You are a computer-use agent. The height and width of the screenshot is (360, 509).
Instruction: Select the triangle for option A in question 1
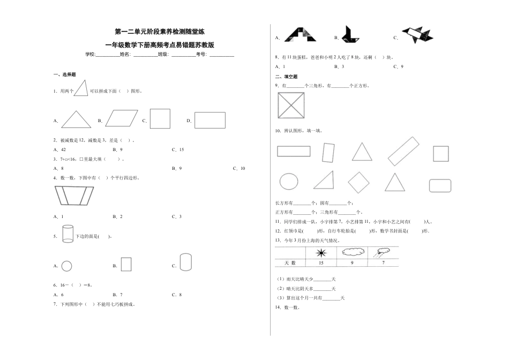[x=76, y=119]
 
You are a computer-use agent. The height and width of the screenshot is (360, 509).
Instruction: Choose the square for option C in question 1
[x=160, y=119]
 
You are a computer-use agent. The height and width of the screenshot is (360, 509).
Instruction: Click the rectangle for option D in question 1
[x=209, y=120]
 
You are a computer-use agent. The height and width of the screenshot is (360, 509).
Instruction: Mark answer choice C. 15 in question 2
[x=178, y=149]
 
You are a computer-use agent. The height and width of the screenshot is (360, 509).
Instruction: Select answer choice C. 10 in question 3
[x=239, y=168]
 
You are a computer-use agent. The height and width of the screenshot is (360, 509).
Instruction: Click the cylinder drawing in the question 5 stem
[x=68, y=234]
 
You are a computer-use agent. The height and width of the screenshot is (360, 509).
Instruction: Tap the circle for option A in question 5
[x=67, y=266]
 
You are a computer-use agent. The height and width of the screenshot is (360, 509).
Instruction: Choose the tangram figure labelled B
[x=353, y=35]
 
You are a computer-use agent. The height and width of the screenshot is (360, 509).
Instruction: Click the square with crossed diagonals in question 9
[x=291, y=106]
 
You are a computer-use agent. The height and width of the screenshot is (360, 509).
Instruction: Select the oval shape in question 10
[x=289, y=181]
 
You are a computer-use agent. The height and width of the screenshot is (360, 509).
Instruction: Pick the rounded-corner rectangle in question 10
[x=441, y=183]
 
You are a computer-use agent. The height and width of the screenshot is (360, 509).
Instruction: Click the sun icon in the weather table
[x=321, y=252]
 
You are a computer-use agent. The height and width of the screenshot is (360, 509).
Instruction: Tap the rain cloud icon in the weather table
[x=383, y=251]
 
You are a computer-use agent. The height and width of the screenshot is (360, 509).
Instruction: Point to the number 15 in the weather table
[x=320, y=262]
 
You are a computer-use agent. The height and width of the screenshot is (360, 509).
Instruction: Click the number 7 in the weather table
[x=383, y=262]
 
